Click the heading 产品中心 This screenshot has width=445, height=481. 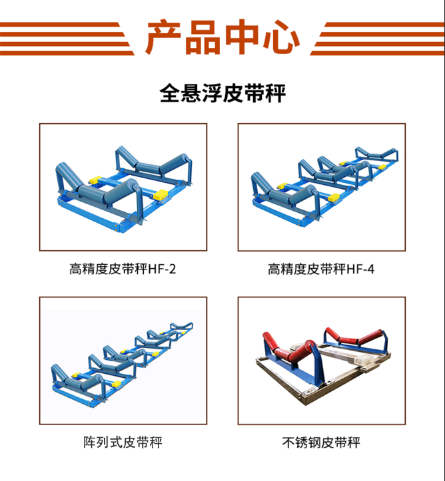(x=222, y=37)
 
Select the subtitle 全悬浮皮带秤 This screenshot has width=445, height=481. (x=222, y=93)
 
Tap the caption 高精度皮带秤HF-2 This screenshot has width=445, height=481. (x=123, y=269)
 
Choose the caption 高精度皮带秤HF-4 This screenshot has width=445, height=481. (x=321, y=269)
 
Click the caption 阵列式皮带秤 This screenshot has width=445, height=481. (x=123, y=442)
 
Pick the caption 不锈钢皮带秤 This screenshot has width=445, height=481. (x=321, y=442)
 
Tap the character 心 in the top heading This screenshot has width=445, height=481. (x=281, y=37)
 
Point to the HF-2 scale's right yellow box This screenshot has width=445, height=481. (x=161, y=194)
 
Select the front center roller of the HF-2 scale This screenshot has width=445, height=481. (x=91, y=192)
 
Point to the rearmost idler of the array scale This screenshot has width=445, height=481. (x=182, y=327)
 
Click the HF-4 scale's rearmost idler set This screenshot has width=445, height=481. (x=377, y=155)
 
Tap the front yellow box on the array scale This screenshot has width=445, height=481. (x=116, y=384)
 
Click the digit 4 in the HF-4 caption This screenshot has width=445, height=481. (x=371, y=269)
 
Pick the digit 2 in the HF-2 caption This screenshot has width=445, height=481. (x=173, y=269)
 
